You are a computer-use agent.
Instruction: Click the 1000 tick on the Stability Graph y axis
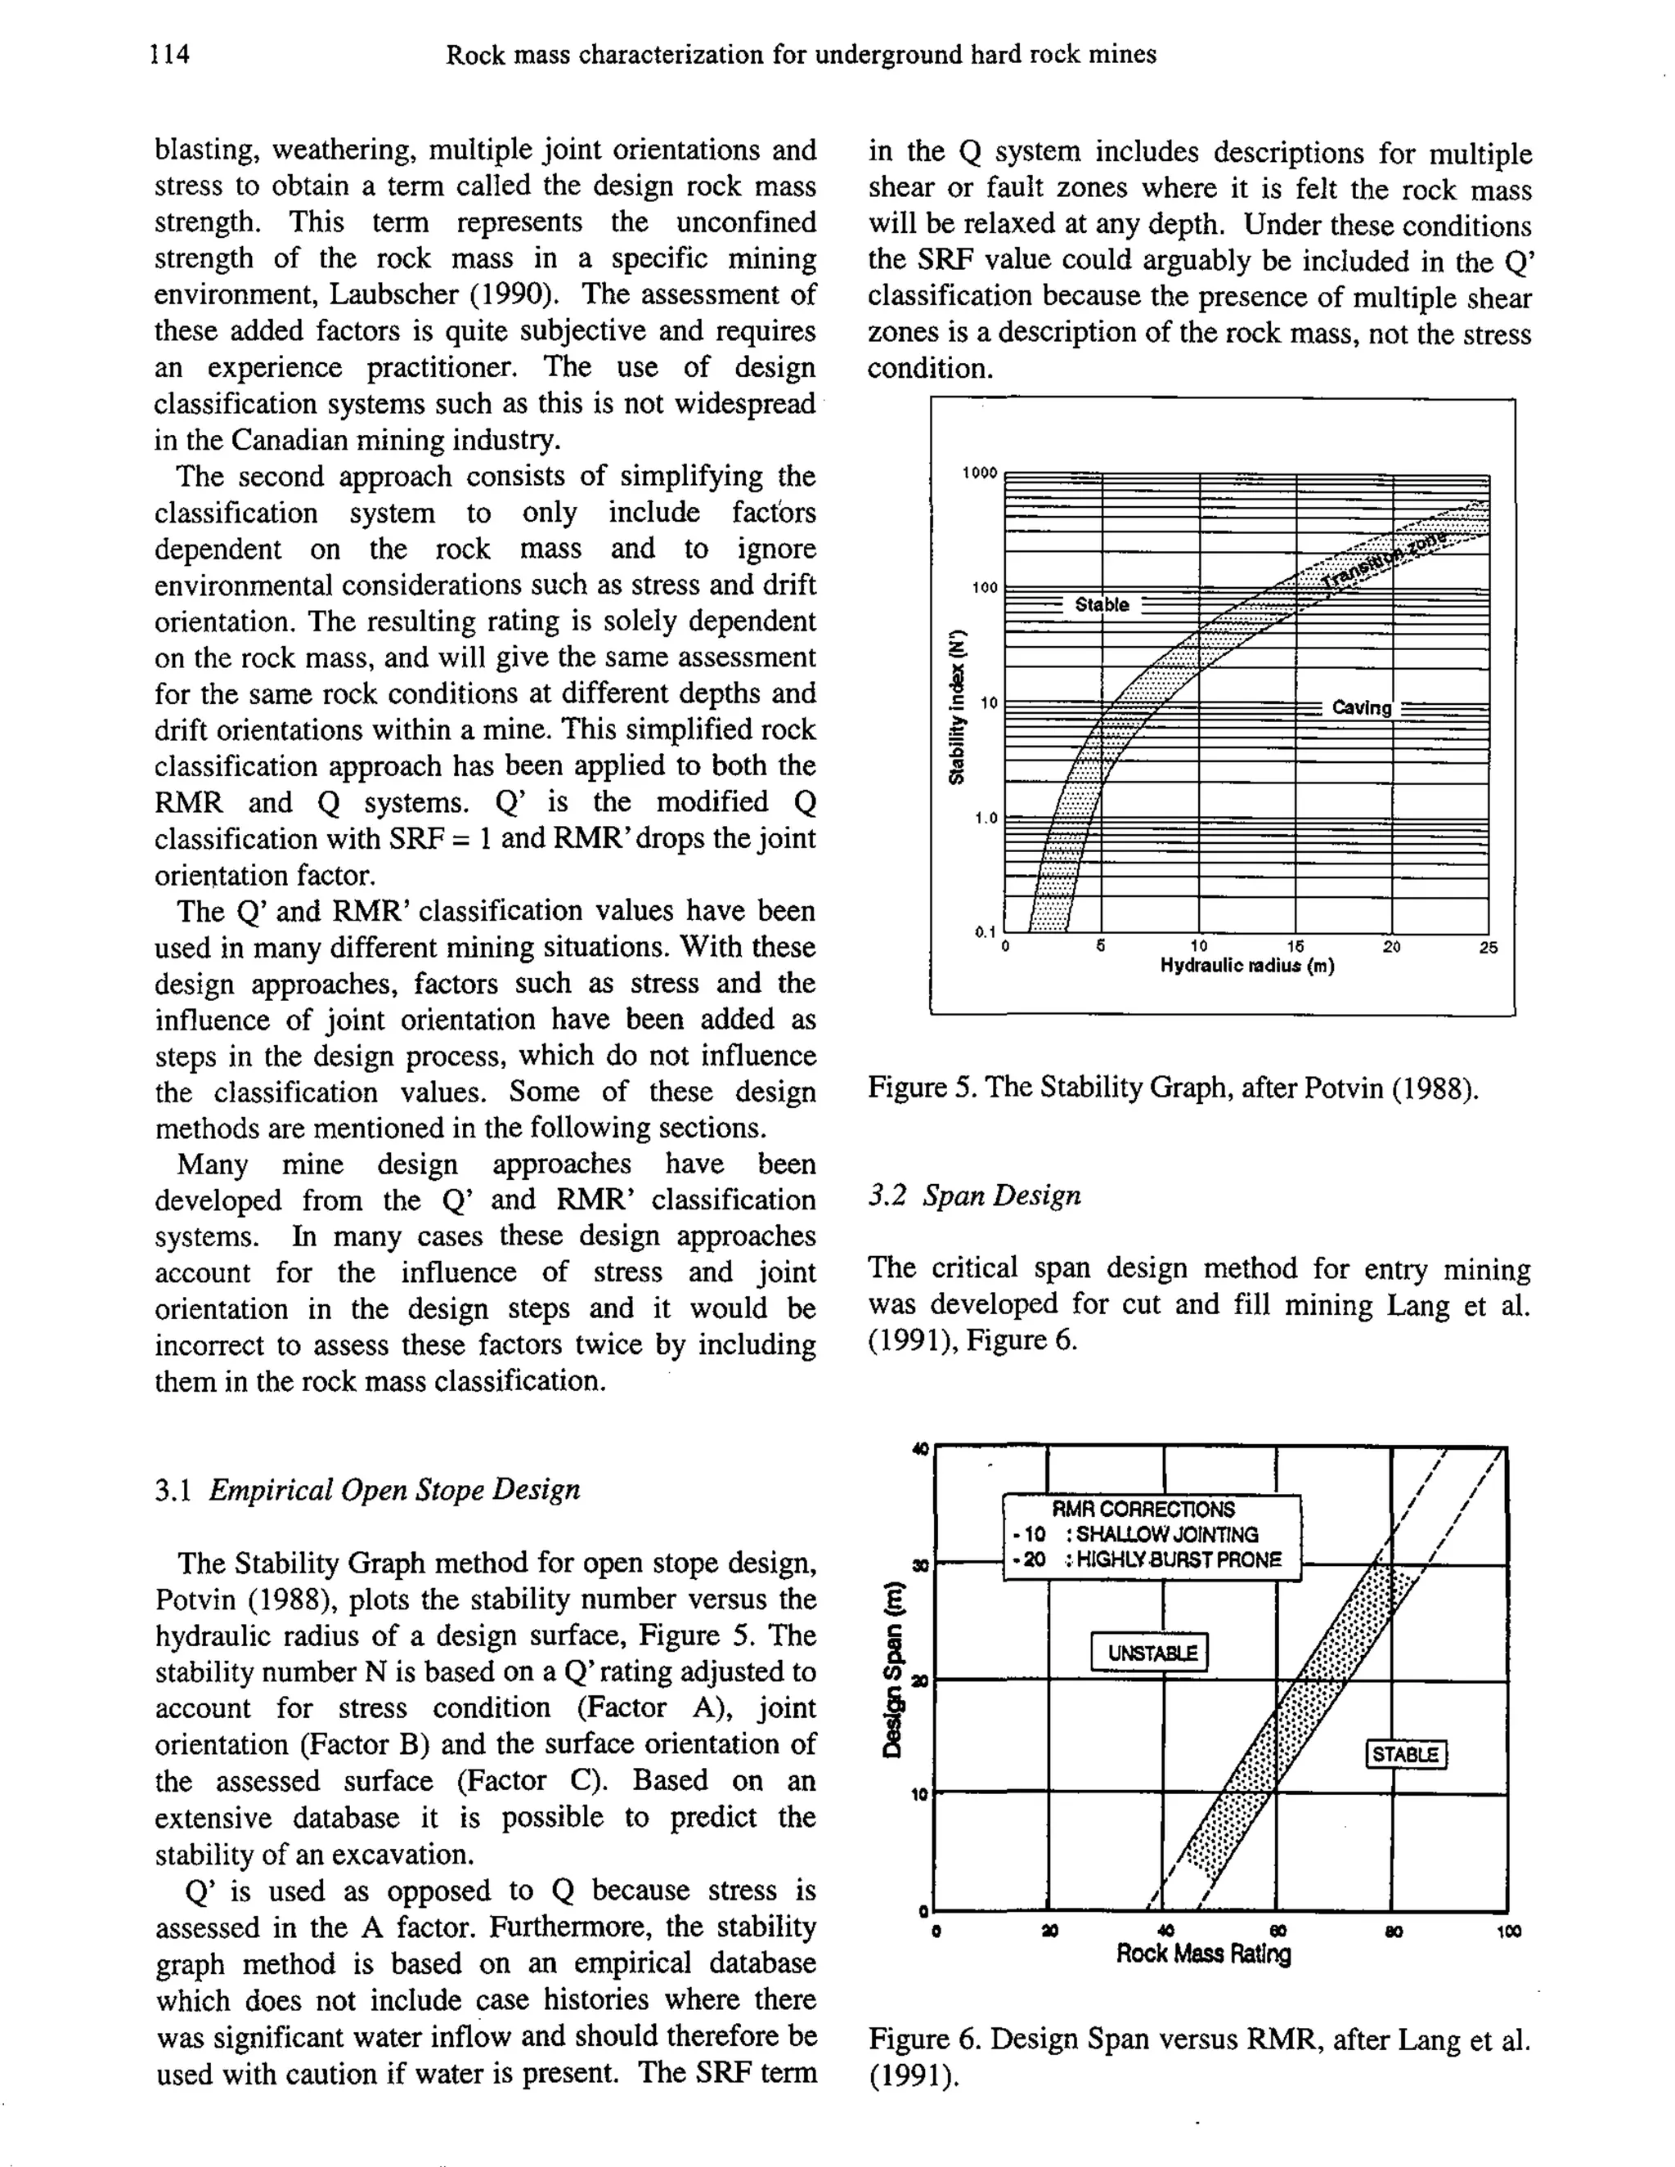[979, 473]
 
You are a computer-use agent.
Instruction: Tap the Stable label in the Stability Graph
[1102, 604]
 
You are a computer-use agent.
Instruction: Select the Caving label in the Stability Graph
[1362, 707]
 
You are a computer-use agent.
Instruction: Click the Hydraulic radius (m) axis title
[1247, 967]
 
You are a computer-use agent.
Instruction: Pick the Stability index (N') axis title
[958, 707]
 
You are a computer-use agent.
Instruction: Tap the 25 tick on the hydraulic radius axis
[1489, 948]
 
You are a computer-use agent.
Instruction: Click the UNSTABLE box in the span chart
[1149, 1653]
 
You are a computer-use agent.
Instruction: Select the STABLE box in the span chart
[1406, 1754]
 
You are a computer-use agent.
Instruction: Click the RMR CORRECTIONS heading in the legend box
[1143, 1510]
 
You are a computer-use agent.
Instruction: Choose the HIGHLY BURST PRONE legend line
[1151, 1559]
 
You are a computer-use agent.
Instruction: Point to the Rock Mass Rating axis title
[1204, 1954]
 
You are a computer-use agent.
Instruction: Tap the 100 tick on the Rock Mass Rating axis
[1507, 1931]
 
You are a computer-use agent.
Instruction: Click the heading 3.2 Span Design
[974, 1195]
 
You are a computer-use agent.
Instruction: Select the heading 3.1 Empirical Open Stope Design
[367, 1489]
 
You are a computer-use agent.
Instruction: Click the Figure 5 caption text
[1173, 1088]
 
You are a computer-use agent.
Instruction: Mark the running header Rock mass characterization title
[801, 55]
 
